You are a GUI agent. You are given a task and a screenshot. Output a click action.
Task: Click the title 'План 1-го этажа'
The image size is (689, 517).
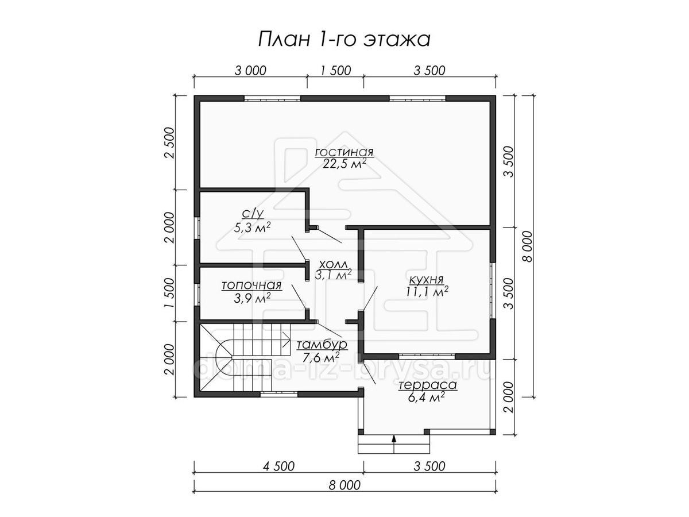coord(344,40)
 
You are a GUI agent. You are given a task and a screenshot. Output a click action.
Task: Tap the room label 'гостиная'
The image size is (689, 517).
coord(344,152)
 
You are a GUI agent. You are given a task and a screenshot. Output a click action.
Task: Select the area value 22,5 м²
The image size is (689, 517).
coord(344,164)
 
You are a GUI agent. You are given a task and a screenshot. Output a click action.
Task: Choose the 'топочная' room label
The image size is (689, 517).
coord(251,285)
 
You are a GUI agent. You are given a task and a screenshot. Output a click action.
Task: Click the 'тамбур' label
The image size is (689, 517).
coord(322,345)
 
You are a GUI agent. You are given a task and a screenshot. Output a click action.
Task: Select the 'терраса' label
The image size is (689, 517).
coord(428,385)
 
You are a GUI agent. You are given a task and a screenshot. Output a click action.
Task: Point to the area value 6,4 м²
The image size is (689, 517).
coord(427,398)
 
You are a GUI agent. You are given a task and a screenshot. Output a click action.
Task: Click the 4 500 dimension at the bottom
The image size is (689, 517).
coord(278,466)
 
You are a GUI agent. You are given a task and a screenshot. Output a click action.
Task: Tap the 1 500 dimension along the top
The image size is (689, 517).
coord(335,71)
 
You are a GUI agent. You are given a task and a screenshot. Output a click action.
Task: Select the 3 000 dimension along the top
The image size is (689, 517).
coord(250,71)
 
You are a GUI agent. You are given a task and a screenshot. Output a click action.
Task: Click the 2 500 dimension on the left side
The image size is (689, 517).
coord(169,142)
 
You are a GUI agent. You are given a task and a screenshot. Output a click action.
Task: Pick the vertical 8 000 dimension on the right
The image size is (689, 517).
coord(528,246)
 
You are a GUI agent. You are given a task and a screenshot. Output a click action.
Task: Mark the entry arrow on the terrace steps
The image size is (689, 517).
coord(394,444)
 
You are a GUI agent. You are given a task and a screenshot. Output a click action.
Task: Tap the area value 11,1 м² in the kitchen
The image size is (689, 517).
coord(427,291)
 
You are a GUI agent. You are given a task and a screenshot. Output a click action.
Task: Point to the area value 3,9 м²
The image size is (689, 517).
coord(252,298)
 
